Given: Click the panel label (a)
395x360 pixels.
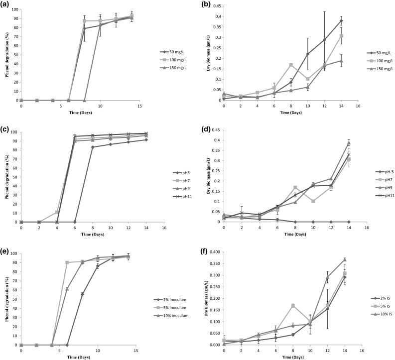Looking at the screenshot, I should [x=6, y=4].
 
